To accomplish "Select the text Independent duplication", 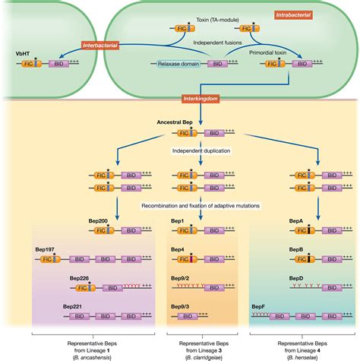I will (200, 149).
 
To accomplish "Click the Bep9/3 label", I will (179, 306).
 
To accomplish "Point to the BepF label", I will (258, 306).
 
